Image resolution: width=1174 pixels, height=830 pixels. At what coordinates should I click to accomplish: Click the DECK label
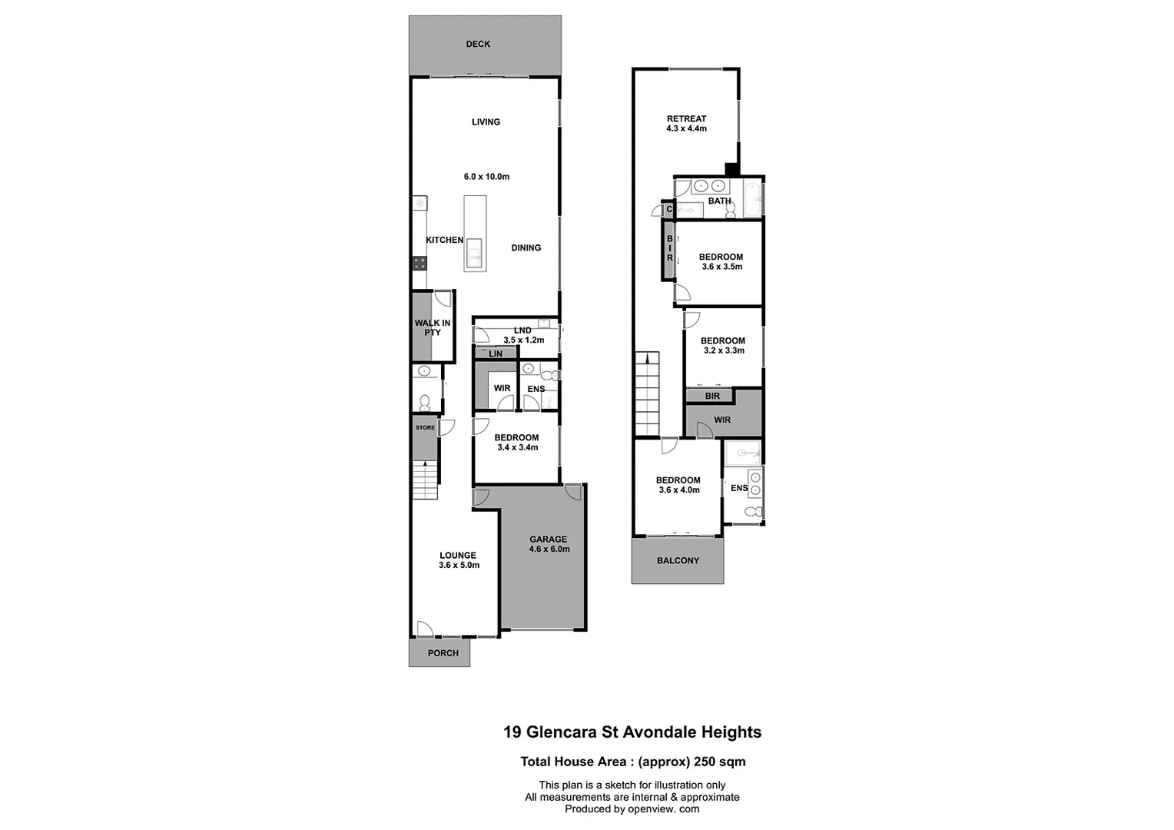478,44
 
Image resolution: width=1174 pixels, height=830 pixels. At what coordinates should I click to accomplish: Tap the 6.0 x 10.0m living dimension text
486,177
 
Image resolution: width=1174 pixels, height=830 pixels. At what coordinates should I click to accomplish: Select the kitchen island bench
475,234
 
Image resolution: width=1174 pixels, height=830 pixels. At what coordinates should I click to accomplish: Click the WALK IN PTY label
433,327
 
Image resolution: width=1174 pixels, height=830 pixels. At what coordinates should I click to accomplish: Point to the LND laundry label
522,330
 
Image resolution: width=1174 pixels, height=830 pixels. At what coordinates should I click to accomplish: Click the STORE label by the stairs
425,427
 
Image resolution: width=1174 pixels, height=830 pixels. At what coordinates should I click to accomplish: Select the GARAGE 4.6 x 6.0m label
549,544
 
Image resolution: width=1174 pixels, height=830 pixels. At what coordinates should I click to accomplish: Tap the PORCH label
443,653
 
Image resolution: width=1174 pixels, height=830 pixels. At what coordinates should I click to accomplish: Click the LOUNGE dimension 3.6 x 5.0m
459,566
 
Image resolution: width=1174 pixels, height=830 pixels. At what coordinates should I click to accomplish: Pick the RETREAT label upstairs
686,118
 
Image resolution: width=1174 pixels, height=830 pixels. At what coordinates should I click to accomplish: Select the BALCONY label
678,560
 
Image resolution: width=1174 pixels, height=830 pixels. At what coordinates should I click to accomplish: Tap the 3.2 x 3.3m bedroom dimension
723,350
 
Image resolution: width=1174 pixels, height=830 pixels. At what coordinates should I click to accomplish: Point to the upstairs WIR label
722,420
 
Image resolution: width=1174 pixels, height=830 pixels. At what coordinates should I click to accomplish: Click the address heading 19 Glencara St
632,732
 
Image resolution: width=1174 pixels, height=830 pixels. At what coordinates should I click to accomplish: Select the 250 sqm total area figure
720,762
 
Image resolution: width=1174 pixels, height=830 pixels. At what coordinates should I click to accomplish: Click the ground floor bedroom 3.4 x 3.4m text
517,447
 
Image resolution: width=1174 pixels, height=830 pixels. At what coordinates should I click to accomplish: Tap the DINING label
526,247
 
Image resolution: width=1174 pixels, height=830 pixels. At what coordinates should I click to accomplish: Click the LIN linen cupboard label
496,354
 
